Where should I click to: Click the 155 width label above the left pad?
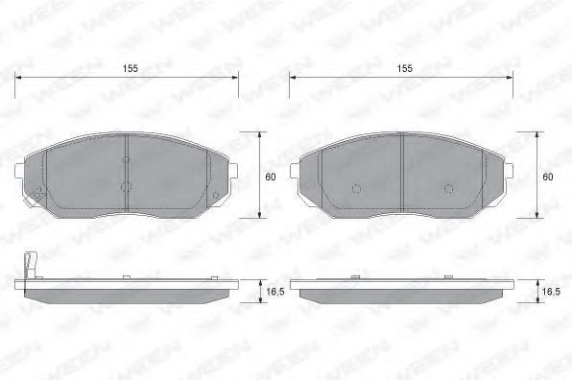pos(131,68)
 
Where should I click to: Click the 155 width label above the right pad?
pos(405,68)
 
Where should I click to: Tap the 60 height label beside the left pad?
pos(271,178)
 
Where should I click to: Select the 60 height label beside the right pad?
pos(548,178)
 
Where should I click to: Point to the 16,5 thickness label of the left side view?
pos(275,292)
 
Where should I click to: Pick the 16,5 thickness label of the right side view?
pos(551,292)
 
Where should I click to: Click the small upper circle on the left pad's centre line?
pos(127,159)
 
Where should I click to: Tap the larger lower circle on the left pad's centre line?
pos(126,187)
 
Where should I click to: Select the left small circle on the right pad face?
pos(356,188)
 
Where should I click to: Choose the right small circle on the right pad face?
pos(448,188)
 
